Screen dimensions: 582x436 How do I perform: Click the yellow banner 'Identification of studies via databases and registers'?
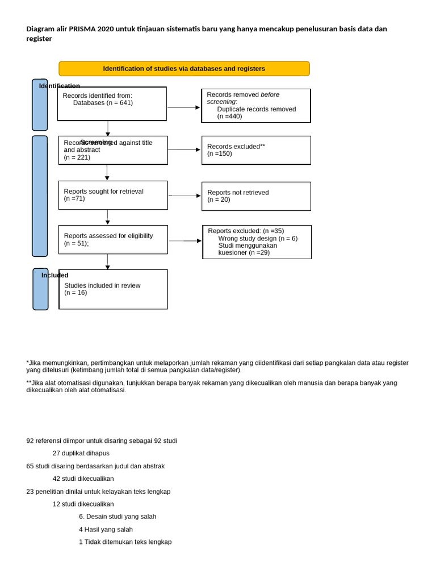tap(184, 69)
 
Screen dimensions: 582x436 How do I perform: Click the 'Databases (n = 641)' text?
tap(103, 103)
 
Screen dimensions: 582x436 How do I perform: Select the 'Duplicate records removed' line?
tap(256, 109)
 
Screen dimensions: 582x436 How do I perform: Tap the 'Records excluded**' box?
tap(256, 150)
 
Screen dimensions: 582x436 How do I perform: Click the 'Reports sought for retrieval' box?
tap(113, 195)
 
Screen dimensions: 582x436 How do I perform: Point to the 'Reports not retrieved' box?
tap(256, 196)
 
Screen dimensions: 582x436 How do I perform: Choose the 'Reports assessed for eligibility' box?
tap(113, 239)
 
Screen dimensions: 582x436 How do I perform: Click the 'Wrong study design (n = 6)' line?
tap(258, 238)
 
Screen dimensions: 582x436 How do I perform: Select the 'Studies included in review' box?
tap(113, 289)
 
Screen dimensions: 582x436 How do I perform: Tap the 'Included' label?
tap(54, 275)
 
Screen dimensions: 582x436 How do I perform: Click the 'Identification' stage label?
tap(60, 86)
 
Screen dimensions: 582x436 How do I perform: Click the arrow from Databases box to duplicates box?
tap(183, 107)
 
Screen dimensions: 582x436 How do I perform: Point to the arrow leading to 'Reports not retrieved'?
tap(185, 196)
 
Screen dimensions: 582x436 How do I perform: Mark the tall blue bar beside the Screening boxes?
tap(40, 196)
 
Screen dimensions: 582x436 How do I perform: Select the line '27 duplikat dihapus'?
tap(81, 454)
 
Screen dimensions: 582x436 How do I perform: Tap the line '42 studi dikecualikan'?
tap(83, 479)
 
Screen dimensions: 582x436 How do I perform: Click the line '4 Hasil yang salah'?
tap(106, 529)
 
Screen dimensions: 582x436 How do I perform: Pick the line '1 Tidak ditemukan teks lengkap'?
tap(125, 542)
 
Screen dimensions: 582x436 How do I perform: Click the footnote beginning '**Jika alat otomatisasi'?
tap(211, 386)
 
